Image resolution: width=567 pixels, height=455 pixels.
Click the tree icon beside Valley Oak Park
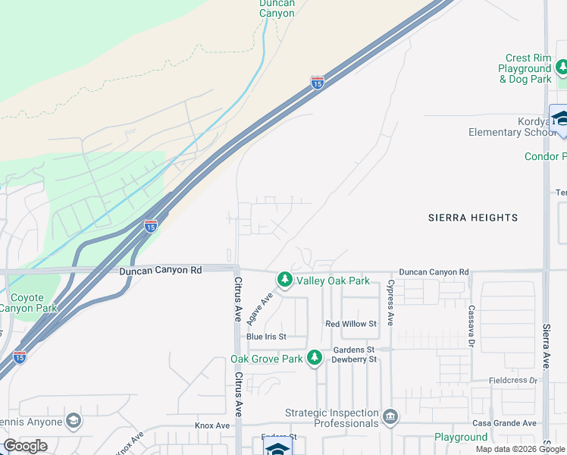(x=285, y=281)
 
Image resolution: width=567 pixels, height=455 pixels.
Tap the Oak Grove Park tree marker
(x=315, y=359)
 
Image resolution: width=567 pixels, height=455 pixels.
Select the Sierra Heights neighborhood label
(x=471, y=218)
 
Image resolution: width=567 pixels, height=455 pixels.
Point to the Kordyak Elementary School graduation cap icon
(x=561, y=118)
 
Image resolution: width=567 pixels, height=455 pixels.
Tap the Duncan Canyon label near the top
(x=277, y=8)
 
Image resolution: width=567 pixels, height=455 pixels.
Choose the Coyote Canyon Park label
(x=28, y=303)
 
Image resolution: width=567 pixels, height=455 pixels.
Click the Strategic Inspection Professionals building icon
(x=390, y=416)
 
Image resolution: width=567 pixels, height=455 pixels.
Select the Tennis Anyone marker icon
(x=73, y=420)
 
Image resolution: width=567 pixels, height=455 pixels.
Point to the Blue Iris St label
(x=265, y=337)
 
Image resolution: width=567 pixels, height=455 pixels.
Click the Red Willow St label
(x=351, y=324)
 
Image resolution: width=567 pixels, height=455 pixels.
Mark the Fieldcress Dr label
(x=512, y=380)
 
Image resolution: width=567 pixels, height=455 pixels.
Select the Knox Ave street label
(x=212, y=426)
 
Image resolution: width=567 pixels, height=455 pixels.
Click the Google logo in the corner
(x=25, y=446)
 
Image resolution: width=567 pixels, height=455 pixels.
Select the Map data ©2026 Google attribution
(x=520, y=449)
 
